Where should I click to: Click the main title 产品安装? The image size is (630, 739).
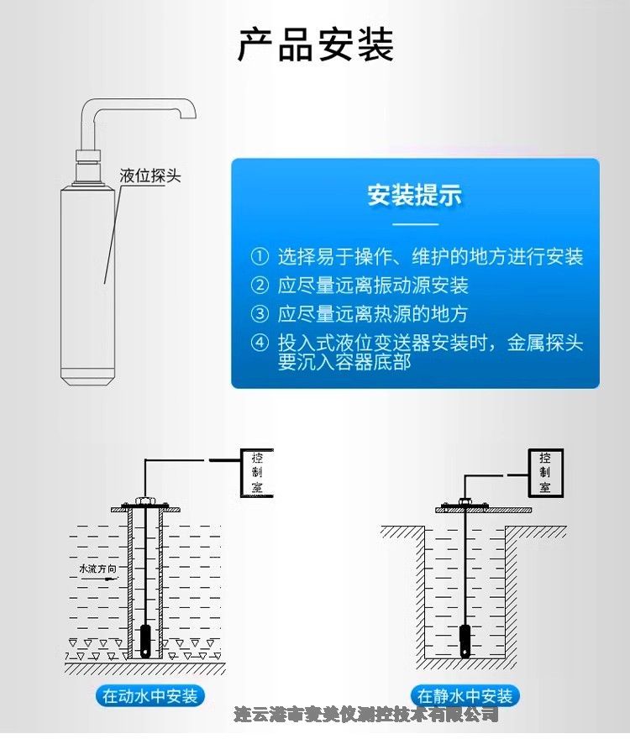tap(315, 45)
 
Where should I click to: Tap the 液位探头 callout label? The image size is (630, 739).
tap(150, 176)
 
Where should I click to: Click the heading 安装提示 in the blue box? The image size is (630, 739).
tap(415, 195)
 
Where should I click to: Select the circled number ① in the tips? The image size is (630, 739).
tap(260, 257)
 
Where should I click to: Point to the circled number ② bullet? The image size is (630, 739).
tap(260, 286)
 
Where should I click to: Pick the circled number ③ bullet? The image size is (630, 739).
tap(260, 314)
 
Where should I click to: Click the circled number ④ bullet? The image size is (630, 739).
tap(260, 343)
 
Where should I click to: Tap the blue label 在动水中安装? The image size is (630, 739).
tap(150, 695)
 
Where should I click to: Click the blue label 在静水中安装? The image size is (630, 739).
tap(465, 695)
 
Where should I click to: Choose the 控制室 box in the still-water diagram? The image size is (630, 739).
tap(545, 472)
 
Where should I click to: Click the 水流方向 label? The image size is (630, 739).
tap(97, 569)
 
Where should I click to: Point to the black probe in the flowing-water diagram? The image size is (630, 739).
tap(145, 641)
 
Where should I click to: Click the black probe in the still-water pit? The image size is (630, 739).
tap(465, 642)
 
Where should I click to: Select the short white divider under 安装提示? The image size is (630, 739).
tap(416, 224)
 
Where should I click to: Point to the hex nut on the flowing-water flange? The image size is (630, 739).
tap(143, 501)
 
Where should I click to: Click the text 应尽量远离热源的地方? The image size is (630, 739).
tap(372, 314)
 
